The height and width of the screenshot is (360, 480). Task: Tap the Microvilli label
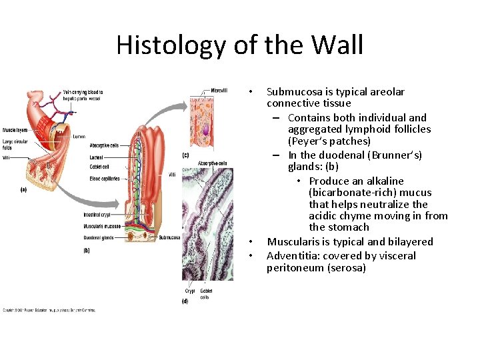(x=219, y=91)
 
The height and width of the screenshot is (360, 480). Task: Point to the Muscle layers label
(x=14, y=129)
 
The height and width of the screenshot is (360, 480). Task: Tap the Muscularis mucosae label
(x=101, y=227)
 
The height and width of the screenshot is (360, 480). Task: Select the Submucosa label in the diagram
(x=170, y=237)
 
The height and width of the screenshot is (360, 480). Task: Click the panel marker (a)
(x=23, y=189)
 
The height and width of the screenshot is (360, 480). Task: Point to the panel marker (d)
(x=185, y=301)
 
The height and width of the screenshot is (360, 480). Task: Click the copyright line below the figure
(x=49, y=310)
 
